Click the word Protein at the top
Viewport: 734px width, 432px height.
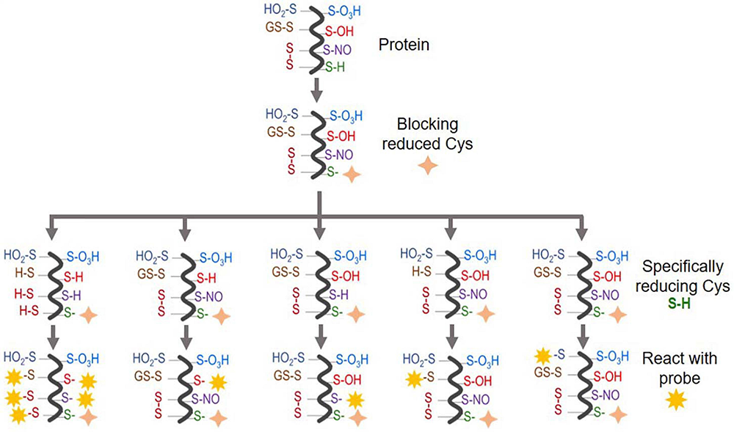pos(404,45)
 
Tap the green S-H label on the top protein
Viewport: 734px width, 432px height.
pos(338,67)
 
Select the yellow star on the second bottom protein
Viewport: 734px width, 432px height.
pos(217,381)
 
